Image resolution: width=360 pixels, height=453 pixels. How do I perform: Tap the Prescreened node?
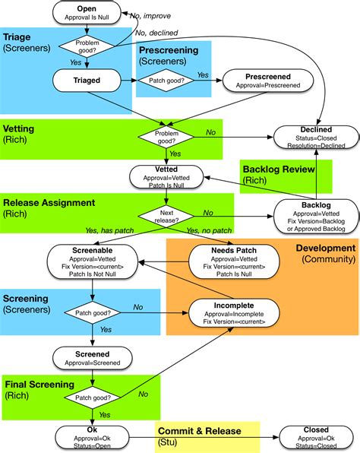coord(267,81)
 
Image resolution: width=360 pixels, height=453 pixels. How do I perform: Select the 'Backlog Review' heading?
coord(279,168)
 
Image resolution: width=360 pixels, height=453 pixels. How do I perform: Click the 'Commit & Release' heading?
coord(200,431)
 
